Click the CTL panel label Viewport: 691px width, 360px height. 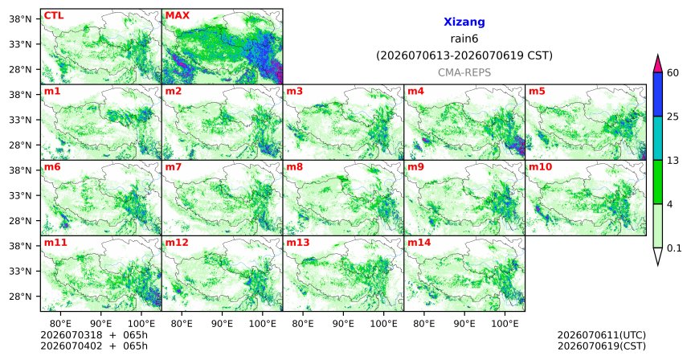pyautogui.click(x=54, y=16)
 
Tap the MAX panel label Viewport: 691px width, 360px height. pyautogui.click(x=177, y=16)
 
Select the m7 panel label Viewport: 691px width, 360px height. pyautogui.click(x=173, y=167)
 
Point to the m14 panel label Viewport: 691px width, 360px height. pyautogui.click(x=419, y=243)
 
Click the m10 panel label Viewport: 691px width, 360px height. pyautogui.click(x=540, y=167)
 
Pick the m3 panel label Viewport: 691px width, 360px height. pyautogui.click(x=294, y=92)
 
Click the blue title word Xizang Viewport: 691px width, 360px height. pyautogui.click(x=464, y=22)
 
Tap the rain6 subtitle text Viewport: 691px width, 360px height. pyautogui.click(x=464, y=39)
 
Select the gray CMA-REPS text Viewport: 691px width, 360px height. pyautogui.click(x=464, y=72)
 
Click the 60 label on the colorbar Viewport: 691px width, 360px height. pyautogui.click(x=673, y=73)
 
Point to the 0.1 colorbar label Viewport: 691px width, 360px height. pyautogui.click(x=674, y=248)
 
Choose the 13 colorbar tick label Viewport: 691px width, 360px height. pyautogui.click(x=673, y=161)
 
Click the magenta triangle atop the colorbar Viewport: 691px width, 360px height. pyautogui.click(x=658, y=63)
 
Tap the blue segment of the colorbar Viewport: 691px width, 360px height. pyautogui.click(x=658, y=94)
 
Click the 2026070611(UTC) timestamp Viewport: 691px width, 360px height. pyautogui.click(x=602, y=336)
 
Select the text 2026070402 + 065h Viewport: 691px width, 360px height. pyautogui.click(x=94, y=346)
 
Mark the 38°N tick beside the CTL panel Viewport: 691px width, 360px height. pyautogui.click(x=20, y=19)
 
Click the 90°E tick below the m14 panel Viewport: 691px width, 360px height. pyautogui.click(x=464, y=324)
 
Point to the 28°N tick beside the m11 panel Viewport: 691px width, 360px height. pyautogui.click(x=20, y=296)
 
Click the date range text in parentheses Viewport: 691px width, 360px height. pyautogui.click(x=464, y=56)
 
